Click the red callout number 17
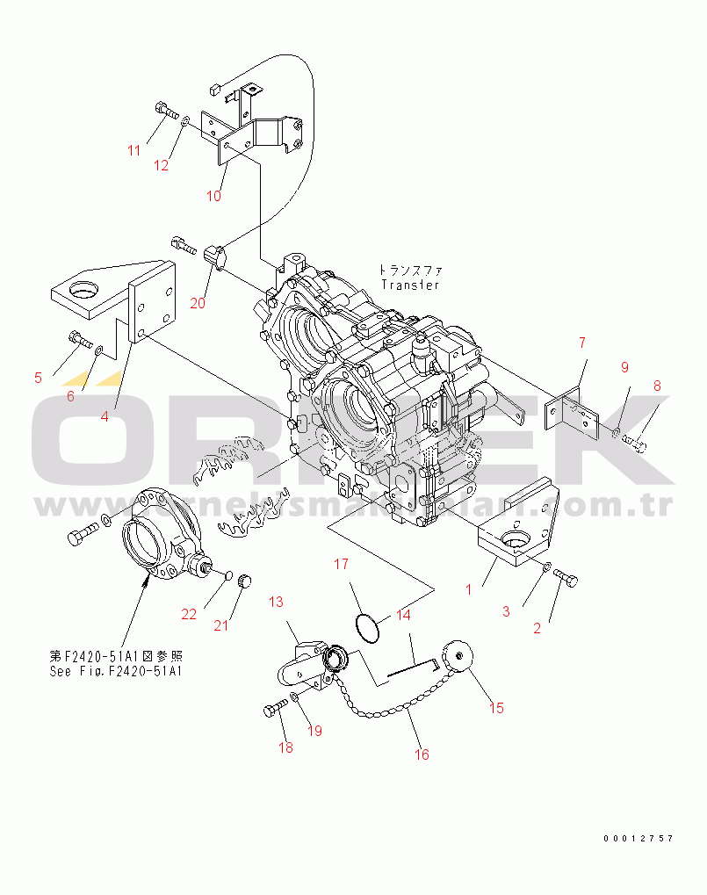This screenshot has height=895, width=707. click(340, 564)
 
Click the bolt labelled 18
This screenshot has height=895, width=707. click(272, 710)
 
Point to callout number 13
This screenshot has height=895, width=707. click(277, 602)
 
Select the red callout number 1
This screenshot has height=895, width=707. click(468, 589)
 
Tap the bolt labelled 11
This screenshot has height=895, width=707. click(164, 111)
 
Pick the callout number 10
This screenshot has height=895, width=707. click(213, 195)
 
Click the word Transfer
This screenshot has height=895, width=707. click(409, 285)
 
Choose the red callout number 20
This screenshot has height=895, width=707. click(197, 303)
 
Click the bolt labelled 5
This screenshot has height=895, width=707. click(77, 337)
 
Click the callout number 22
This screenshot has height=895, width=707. click(190, 614)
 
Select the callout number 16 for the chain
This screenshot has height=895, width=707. click(422, 754)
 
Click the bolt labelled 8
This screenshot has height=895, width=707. click(637, 445)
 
